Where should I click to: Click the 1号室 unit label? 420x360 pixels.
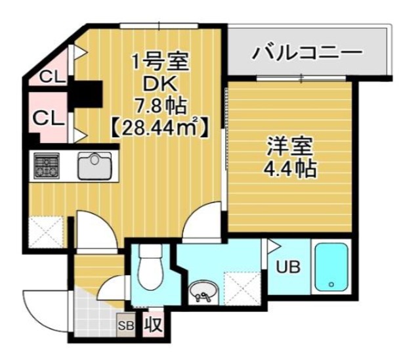click(159, 64)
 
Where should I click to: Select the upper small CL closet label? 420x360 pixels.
click(50, 77)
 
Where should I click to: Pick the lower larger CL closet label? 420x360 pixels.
click(48, 119)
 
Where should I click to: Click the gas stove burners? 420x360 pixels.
click(47, 165)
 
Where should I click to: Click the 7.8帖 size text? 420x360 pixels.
click(159, 105)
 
